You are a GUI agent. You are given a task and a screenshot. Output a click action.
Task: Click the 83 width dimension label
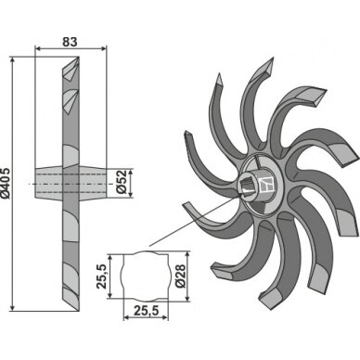(x=70, y=42)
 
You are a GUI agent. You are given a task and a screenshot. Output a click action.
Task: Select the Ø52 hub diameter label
(x=122, y=182)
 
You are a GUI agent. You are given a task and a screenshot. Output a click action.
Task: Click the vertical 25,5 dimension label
(x=101, y=276)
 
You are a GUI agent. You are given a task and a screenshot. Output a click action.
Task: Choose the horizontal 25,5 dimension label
(x=146, y=310)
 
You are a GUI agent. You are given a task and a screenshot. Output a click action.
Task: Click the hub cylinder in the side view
(x=71, y=184)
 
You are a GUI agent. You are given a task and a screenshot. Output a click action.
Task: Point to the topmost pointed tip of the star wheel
(x=273, y=58)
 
